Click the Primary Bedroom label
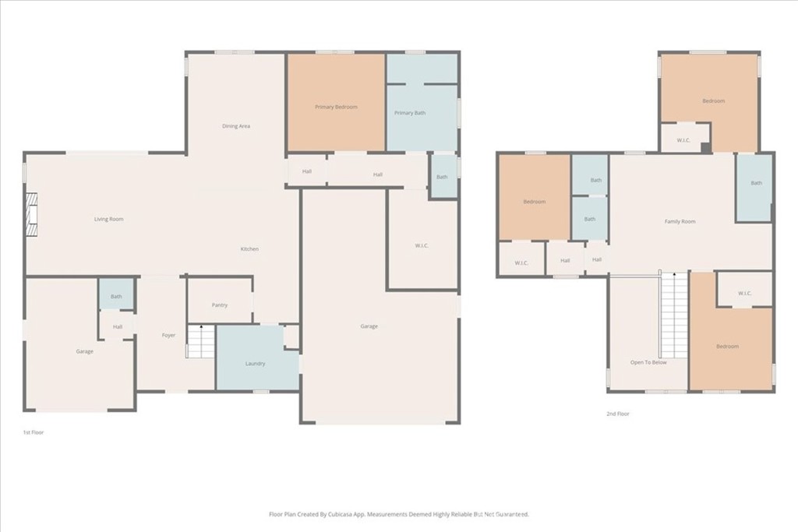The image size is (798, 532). (336, 107)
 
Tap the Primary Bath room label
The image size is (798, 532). (410, 113)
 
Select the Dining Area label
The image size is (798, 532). (236, 126)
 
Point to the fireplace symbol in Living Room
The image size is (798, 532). (30, 213)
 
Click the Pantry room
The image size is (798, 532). (220, 305)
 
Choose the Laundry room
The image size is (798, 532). (255, 363)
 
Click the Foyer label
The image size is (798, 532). (168, 335)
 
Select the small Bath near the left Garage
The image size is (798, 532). (116, 296)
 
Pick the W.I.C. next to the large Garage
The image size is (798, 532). (422, 246)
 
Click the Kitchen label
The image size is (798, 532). (249, 248)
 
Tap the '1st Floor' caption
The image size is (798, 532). (34, 432)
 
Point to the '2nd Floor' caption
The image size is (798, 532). (617, 414)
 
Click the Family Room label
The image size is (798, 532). (680, 221)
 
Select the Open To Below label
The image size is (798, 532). (648, 362)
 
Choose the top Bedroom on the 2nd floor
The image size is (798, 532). (713, 100)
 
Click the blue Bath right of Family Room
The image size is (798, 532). (756, 184)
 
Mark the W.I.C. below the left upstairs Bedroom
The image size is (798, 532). (521, 262)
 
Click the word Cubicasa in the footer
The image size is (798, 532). (338, 514)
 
